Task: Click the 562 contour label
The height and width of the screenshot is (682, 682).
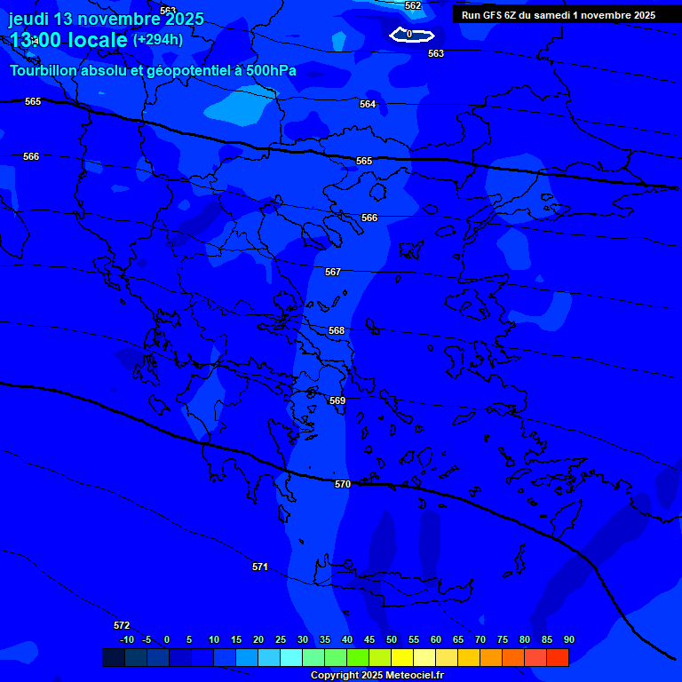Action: point(413,5)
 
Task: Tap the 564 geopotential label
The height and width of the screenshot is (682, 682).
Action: point(368,104)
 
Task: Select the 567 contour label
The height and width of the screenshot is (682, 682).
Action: point(333,272)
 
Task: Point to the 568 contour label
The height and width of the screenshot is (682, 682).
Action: point(337,330)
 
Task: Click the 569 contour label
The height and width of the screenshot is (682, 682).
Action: point(337,400)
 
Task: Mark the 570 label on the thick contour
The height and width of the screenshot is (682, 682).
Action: point(343,484)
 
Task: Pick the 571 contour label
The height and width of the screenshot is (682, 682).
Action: point(260,567)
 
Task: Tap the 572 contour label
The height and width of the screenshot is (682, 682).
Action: point(122,625)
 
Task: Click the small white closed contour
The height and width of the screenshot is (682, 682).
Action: point(412,35)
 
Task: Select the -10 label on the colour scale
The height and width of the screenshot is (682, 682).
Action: point(126,639)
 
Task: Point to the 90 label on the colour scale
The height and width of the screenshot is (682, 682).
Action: point(569,639)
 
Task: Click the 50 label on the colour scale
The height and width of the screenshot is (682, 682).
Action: point(392,639)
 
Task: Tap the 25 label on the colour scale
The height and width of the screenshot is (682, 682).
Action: point(281,639)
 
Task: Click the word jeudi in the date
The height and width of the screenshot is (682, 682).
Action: point(29,19)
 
